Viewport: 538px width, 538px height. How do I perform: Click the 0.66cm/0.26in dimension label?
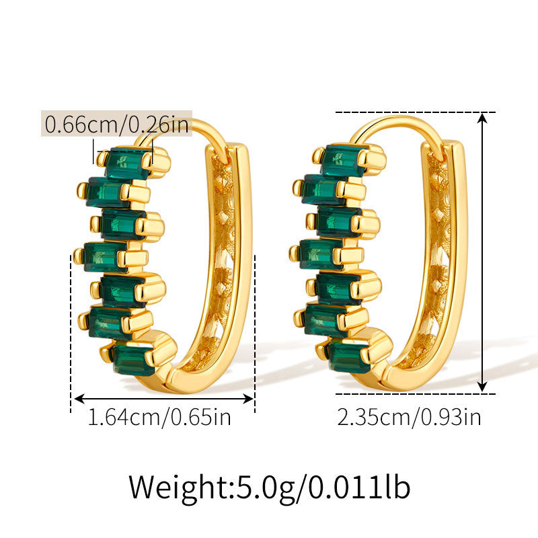click(116, 124)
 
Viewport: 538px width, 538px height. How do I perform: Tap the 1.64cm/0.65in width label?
click(159, 417)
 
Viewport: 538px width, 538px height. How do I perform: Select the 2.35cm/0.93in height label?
click(409, 417)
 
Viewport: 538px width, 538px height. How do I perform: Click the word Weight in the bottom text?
click(178, 487)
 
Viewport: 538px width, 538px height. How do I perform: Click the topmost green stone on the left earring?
click(127, 163)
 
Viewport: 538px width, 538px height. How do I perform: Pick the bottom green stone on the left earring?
click(133, 359)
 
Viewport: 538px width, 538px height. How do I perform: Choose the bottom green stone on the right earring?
click(349, 357)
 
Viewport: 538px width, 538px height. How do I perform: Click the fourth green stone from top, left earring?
click(105, 257)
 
